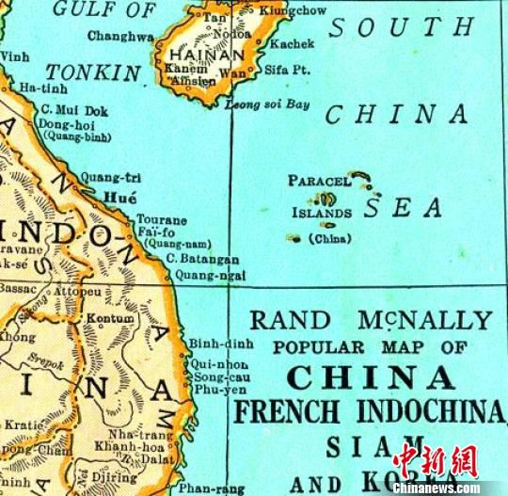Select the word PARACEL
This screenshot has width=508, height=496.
(x=320, y=180)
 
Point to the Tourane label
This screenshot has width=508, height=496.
(x=163, y=219)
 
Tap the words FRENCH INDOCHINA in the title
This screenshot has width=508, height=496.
(x=370, y=411)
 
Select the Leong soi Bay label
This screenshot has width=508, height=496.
(x=268, y=104)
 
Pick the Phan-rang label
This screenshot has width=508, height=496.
(x=205, y=488)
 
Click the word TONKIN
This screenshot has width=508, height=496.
(x=94, y=72)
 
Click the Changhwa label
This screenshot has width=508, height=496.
(x=120, y=36)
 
